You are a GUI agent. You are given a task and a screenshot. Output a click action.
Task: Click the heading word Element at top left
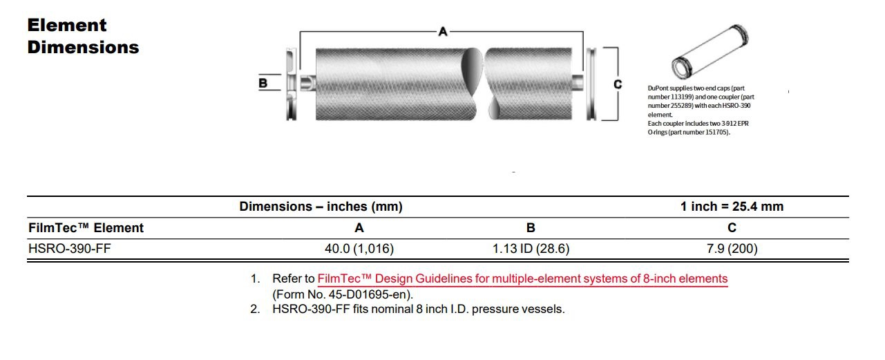click(x=67, y=26)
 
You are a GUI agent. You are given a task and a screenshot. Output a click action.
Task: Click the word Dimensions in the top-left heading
click(x=83, y=48)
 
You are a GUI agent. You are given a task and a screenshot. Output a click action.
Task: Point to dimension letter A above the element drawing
click(x=443, y=31)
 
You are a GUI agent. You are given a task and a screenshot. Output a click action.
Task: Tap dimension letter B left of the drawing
click(x=263, y=83)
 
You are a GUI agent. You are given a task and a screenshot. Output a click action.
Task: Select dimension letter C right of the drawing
click(x=618, y=84)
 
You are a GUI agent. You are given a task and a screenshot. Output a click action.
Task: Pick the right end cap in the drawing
click(x=591, y=84)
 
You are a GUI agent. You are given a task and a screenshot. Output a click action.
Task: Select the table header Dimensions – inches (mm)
click(x=321, y=207)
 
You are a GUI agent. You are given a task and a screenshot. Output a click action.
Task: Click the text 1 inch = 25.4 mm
click(x=732, y=207)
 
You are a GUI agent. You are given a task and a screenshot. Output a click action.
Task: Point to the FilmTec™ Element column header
click(x=86, y=228)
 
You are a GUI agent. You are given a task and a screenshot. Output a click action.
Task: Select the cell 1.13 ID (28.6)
click(x=531, y=249)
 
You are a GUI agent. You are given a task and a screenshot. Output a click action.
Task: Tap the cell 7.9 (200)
click(x=732, y=249)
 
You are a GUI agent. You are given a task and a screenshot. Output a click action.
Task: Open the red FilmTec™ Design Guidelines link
click(x=522, y=278)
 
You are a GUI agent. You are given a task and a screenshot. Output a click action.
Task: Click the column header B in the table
click(x=531, y=228)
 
